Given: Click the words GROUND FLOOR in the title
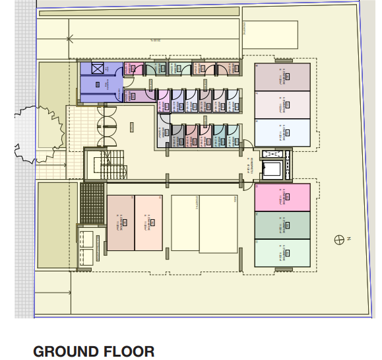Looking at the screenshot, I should tap(94, 351).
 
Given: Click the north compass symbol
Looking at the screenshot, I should tap(340, 239).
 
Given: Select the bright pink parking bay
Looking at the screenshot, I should tap(282, 198).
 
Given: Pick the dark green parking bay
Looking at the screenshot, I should tap(282, 225).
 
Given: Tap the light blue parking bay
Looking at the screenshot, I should tap(282, 133).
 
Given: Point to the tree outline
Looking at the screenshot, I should tap(38, 132).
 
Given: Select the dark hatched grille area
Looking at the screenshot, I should tap(92, 203).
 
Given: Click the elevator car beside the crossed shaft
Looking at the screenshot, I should tap(272, 169).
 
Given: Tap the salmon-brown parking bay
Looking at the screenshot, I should tap(121, 223).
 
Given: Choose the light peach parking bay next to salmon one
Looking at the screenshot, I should tap(148, 223).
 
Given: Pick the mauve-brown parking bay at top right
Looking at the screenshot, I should tap(282, 77).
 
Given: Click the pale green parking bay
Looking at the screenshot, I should tap(282, 252).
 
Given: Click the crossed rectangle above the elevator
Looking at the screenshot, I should tap(272, 155).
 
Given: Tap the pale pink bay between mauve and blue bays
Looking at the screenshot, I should tap(282, 105).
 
